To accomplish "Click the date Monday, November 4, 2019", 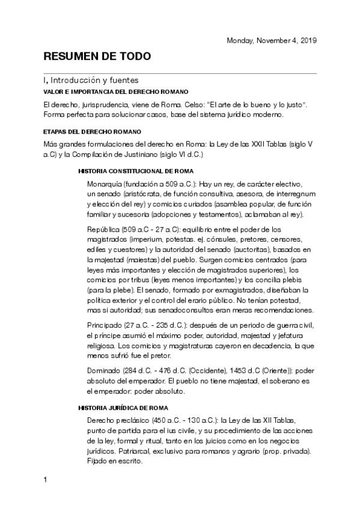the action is click(271, 40).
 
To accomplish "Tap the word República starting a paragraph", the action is click(103, 229).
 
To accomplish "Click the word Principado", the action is click(103, 325).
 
